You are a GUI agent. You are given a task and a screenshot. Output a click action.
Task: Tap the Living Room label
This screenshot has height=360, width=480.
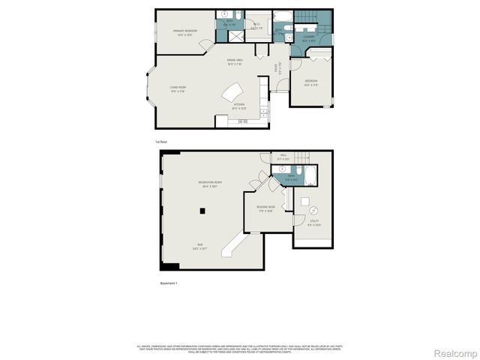tap(177, 89)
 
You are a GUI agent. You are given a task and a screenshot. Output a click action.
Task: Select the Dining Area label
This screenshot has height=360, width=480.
tap(238, 62)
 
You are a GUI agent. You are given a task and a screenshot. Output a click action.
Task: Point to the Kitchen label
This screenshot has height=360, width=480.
tap(239, 106)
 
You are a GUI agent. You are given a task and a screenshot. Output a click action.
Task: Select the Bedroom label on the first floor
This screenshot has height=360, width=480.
tap(310, 82)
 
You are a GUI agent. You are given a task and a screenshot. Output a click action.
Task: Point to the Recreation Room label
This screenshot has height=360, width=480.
tap(210, 184)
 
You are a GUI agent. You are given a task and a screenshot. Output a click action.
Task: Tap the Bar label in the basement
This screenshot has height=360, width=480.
tap(200, 246)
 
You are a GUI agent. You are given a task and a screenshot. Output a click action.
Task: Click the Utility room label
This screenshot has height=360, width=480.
tap(314, 222)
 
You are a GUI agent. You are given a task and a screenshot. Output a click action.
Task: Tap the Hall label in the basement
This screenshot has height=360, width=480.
tap(283, 157)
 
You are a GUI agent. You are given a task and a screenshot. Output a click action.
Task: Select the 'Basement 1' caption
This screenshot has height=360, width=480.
tap(169, 283)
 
